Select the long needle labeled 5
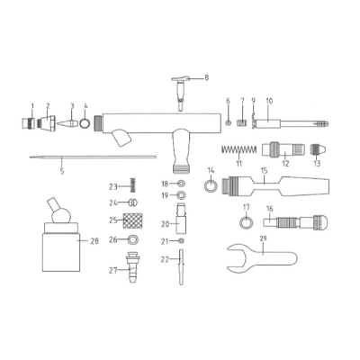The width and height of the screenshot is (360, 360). coord(93,157)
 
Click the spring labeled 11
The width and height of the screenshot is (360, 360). coord(238,149)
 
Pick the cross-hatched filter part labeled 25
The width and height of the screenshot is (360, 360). coord(133,220)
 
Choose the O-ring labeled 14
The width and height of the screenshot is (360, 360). coord(211,185)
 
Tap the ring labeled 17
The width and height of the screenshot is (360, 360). coord(246,223)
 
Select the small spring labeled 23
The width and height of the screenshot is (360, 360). coord(132,185)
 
